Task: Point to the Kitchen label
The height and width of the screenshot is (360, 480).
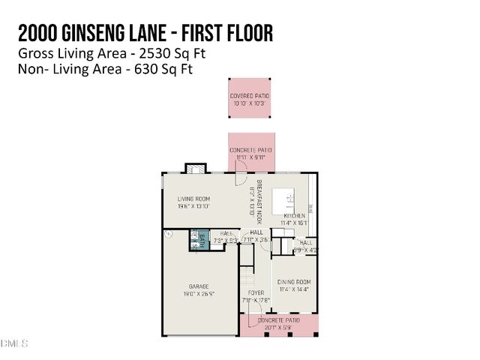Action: (x=294, y=215)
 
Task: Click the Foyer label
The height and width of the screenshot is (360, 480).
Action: (x=254, y=292)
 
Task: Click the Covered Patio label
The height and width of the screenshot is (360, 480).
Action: (x=250, y=97)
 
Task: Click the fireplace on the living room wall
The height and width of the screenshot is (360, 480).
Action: (x=194, y=169)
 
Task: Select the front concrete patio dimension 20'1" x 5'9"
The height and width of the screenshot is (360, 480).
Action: (x=278, y=327)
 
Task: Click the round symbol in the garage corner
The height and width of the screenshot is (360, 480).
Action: (x=169, y=234)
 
